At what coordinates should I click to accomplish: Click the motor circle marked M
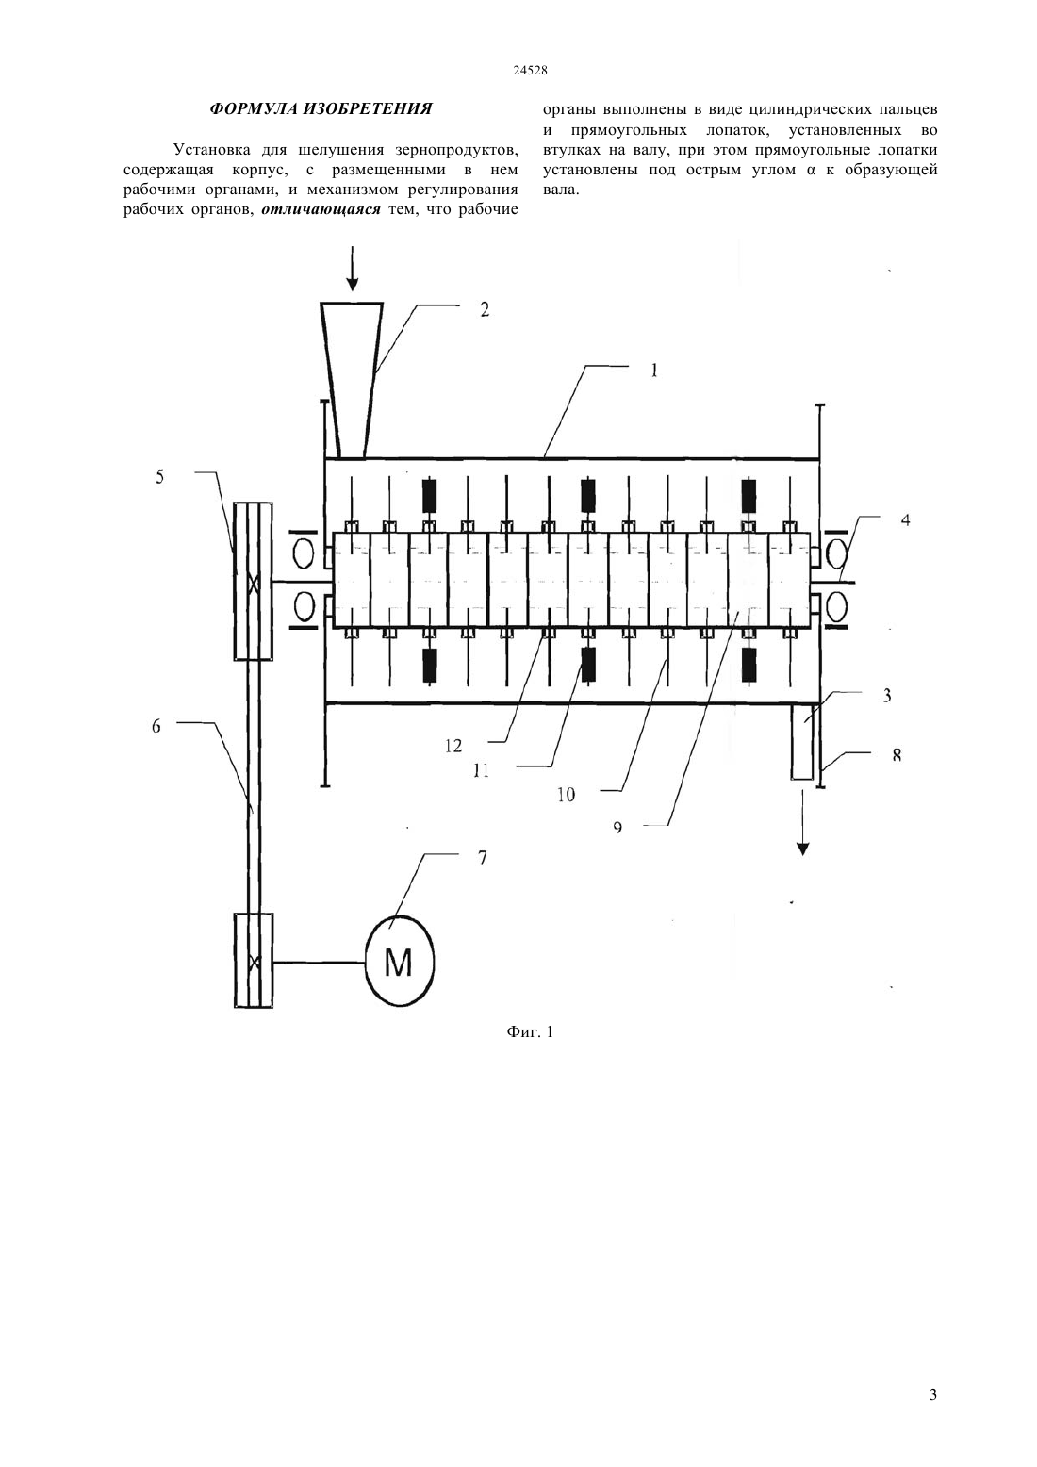coord(399,961)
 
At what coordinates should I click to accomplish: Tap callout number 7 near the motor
coord(483,857)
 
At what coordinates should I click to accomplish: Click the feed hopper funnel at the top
coord(353,380)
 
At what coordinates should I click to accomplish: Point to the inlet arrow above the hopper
coord(353,268)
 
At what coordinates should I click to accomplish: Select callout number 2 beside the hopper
coord(485,309)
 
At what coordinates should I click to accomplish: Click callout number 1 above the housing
coord(653,371)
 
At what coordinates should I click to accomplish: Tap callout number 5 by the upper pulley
coord(159,476)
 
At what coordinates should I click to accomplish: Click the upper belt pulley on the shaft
coord(254,581)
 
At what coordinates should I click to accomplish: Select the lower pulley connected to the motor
coord(254,961)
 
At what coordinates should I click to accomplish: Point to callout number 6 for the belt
coord(156,726)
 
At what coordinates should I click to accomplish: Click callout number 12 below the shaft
coord(453,746)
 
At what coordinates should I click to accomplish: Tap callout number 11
coord(481,771)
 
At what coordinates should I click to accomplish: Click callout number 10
coord(567,795)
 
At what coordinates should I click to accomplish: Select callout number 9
coord(617,828)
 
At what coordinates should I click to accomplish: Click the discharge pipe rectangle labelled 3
coord(802,741)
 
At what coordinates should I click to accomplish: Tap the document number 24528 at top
coord(530,71)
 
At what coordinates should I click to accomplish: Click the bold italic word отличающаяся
coord(321,210)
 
